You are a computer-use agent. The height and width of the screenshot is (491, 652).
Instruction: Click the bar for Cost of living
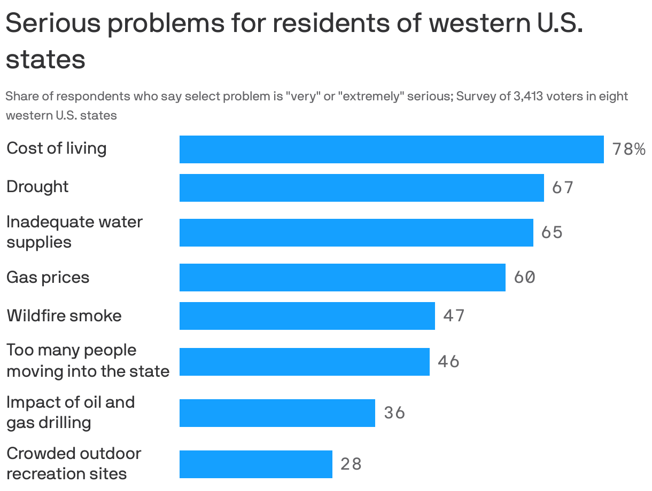pos(391,149)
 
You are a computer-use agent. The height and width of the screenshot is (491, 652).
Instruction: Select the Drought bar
pos(361,188)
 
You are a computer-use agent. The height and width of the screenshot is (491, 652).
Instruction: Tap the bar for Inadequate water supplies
pos(356,233)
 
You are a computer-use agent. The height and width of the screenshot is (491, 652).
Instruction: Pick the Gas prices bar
pos(342,278)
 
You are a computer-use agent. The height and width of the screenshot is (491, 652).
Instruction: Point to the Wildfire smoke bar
pos(307,316)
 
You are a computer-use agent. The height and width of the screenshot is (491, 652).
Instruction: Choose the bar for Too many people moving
pos(304,362)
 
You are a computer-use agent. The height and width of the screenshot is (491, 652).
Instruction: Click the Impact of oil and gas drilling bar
pos(277,413)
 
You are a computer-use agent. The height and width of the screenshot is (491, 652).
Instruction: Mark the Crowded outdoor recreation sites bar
pos(255,464)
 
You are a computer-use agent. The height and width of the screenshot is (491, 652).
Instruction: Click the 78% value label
pos(628,149)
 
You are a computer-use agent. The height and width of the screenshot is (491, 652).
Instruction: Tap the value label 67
pos(562,188)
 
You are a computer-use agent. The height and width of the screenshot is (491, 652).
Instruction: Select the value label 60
pos(524,278)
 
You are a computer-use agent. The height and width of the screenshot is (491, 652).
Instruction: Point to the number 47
pos(454,316)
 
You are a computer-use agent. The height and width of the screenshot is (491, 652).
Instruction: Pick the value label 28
pos(351,464)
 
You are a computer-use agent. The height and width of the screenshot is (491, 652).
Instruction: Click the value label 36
pos(394,413)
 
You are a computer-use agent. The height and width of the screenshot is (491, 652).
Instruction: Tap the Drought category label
pos(37,187)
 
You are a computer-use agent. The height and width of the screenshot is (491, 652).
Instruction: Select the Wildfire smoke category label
pos(64,316)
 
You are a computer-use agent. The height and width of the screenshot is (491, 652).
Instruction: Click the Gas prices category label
pos(48,278)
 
